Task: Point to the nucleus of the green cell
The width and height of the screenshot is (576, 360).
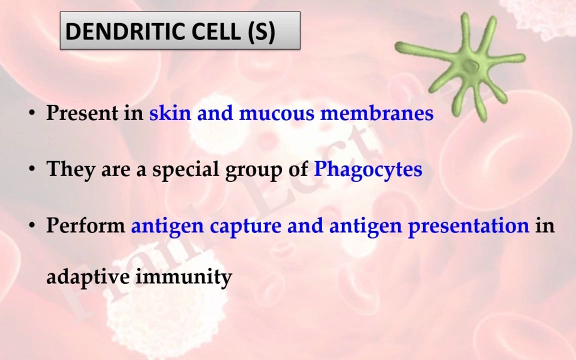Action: coord(470,66)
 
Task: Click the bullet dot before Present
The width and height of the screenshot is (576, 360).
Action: coord(32,113)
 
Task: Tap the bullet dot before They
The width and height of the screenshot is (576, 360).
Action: coord(32,169)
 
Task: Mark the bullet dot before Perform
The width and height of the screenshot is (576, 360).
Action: coord(32,225)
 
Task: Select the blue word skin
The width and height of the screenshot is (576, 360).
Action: coord(170,112)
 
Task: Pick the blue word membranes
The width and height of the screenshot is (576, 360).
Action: coord(377,112)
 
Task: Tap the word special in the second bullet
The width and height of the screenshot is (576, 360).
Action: coord(186,169)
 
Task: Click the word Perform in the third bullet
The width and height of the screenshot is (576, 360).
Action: coord(85,225)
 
